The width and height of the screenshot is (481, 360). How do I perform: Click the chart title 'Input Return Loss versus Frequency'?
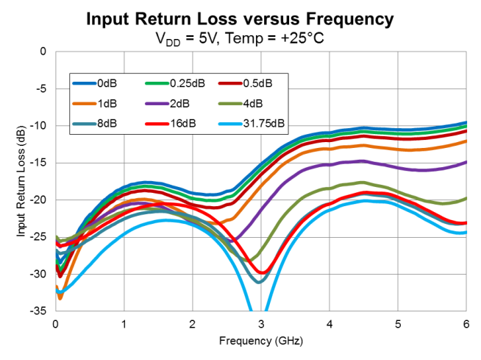click(240, 18)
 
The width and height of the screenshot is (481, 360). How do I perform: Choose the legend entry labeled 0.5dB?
click(253, 82)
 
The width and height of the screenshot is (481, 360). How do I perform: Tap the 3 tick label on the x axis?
click(260, 324)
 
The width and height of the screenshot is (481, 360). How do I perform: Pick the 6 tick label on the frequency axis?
click(466, 324)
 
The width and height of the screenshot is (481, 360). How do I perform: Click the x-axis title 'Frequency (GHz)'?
click(260, 342)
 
